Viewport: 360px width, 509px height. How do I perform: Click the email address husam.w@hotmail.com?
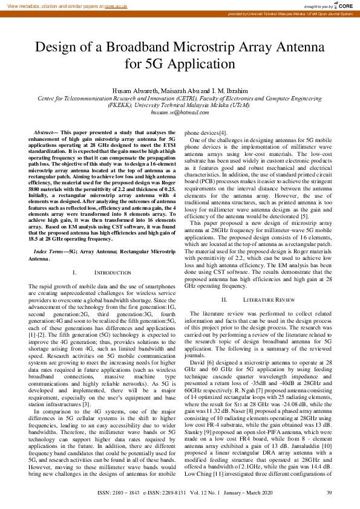[179, 112]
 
